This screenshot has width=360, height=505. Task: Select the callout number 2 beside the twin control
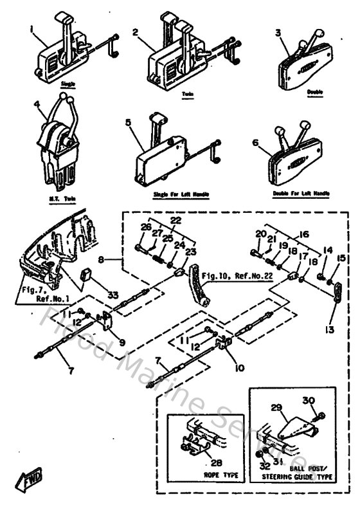tap(136, 32)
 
